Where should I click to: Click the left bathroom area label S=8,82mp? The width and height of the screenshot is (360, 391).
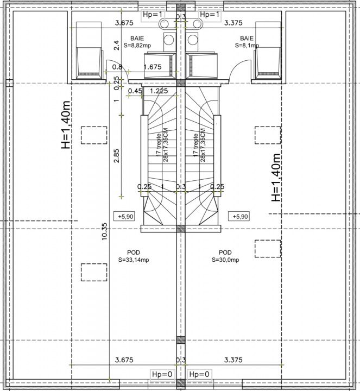tap(137, 46)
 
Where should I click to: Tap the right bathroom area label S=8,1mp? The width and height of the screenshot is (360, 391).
tap(247, 46)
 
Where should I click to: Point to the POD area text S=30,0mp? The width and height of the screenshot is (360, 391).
tap(225, 260)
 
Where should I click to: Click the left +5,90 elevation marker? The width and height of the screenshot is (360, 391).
tap(124, 217)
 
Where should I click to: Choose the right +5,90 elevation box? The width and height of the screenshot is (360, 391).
tap(238, 217)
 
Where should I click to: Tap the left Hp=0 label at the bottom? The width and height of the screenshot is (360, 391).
tap(162, 374)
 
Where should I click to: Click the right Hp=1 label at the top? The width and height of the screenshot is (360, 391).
tap(210, 15)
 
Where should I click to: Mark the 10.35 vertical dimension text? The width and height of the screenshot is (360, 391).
tap(104, 231)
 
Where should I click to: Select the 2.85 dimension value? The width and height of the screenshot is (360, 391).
tap(116, 156)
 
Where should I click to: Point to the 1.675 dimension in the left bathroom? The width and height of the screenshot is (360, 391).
tap(153, 67)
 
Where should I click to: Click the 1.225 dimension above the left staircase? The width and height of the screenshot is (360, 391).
tap(159, 91)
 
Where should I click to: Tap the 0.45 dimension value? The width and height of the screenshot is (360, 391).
tap(135, 91)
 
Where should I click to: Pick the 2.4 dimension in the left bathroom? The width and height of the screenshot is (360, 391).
tap(116, 46)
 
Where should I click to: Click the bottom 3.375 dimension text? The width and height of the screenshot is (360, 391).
tap(233, 360)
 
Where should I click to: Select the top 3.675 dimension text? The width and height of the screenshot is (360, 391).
tap(124, 23)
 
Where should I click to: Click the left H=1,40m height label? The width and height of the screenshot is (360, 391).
tap(66, 125)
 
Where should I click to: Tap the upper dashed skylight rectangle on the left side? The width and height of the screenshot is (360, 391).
tap(94, 135)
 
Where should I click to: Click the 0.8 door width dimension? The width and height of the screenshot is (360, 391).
tap(117, 67)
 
